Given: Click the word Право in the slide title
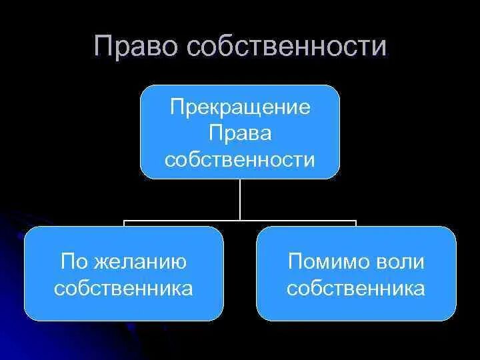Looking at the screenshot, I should [136, 47].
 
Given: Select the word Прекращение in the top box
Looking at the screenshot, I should [240, 107].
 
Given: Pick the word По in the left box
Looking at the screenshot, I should [73, 261].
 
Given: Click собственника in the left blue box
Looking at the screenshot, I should [124, 288].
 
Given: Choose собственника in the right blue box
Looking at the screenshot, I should [357, 288].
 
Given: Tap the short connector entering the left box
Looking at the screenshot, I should [124, 223].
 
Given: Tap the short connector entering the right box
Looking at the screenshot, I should [356, 223].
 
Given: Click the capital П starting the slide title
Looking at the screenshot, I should [103, 47].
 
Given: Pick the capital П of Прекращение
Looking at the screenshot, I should [175, 107].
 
